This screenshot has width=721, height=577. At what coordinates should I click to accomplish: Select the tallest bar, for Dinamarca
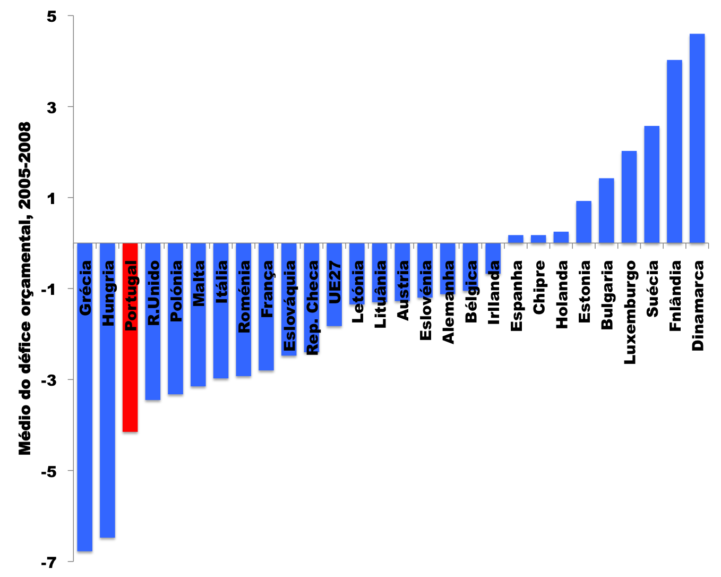(697, 138)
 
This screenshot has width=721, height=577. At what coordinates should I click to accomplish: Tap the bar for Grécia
(85, 425)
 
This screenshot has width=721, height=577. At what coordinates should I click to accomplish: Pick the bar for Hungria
(108, 425)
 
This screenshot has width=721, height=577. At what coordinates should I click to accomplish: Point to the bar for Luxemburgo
(629, 197)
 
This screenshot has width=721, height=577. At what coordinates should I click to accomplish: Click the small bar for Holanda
(561, 237)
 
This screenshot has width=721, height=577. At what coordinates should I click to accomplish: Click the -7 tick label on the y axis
(48, 562)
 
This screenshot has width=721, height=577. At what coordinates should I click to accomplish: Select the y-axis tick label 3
(51, 107)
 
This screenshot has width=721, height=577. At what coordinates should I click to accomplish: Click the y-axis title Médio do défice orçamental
(25, 288)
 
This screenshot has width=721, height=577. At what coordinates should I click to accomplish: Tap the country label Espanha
(516, 295)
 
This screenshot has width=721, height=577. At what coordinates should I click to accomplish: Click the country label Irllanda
(494, 292)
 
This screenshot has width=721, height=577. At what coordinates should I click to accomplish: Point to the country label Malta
(199, 283)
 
